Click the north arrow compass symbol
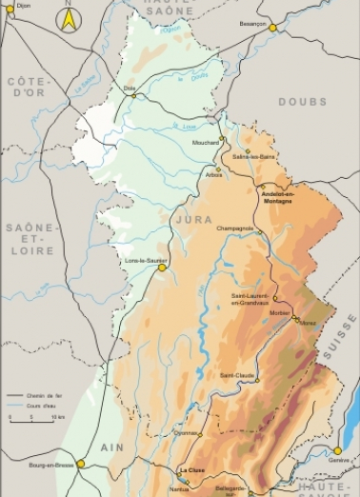click(69, 17)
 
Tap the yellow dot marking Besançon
click(272, 28)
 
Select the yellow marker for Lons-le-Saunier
click(162, 268)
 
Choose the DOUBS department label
click(302, 101)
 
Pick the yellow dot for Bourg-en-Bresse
click(81, 464)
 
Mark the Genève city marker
click(337, 450)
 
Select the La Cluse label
click(192, 469)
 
